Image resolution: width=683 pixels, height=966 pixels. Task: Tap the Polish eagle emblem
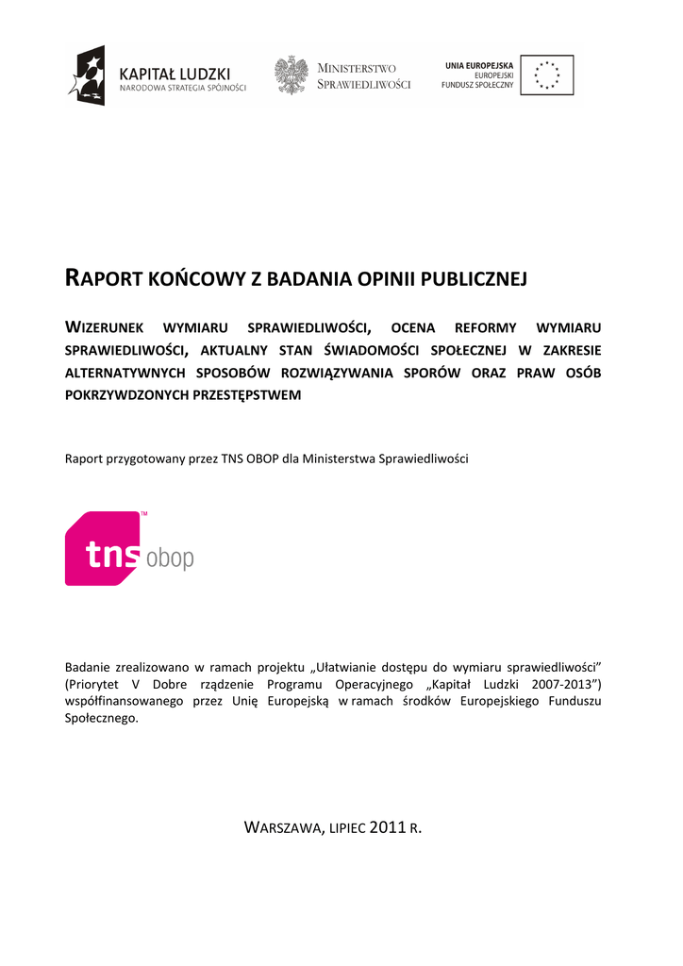[x=292, y=75]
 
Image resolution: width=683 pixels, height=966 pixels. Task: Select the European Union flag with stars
[x=546, y=75]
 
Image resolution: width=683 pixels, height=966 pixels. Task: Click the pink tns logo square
[x=103, y=548]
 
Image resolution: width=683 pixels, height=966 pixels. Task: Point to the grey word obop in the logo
[x=170, y=558]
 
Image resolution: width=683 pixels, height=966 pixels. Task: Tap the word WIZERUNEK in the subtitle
[x=103, y=328]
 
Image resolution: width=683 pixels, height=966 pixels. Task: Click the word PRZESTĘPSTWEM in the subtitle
[x=247, y=395]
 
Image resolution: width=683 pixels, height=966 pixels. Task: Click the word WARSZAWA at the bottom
[x=282, y=828]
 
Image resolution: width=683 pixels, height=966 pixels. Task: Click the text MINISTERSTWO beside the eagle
[x=357, y=68]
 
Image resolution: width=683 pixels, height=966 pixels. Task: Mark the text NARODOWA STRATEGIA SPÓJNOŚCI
[x=182, y=88]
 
